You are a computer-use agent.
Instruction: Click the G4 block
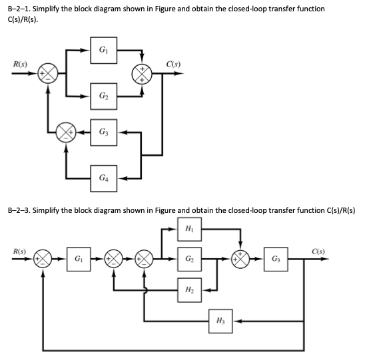(103, 178)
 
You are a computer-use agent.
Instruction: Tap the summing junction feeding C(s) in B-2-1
(142, 75)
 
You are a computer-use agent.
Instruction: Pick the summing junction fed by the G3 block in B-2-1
(65, 130)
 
